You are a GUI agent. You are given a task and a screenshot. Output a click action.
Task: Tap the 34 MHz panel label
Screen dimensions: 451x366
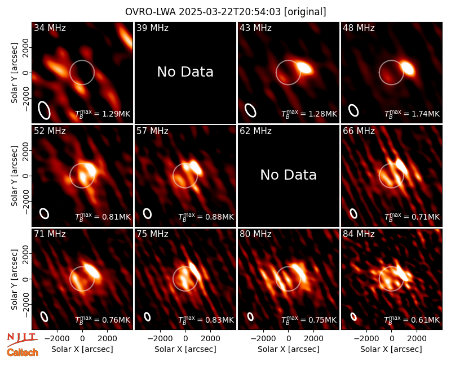coord(50,28)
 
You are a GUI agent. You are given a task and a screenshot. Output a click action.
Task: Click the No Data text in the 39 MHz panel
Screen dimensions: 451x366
coord(185,72)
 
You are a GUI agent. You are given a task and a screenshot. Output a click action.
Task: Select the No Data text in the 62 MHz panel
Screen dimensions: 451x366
coord(289,175)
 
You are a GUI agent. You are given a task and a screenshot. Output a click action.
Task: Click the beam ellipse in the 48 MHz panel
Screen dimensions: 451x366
coord(353,110)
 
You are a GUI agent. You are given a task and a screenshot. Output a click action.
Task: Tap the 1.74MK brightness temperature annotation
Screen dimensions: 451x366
coord(412,114)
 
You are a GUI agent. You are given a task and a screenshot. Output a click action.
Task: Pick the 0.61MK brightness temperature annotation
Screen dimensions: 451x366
coord(412,320)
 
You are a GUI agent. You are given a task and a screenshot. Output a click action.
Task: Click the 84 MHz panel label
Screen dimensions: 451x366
coord(359,234)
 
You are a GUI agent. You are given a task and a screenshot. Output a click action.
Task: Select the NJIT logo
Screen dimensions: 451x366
coord(22,339)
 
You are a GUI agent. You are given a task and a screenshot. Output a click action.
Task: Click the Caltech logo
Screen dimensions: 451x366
coord(23,352)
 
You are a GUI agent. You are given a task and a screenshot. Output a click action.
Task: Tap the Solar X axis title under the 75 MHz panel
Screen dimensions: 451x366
coord(185,349)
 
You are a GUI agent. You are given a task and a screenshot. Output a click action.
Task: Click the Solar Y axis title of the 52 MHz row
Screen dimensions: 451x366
coord(14,176)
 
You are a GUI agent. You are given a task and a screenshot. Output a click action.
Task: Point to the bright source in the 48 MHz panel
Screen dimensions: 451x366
coord(408,68)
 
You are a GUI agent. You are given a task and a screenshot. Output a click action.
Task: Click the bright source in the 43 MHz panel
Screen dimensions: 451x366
coord(304,68)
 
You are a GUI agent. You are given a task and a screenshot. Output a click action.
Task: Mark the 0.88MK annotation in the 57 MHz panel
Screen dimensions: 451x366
coord(206,217)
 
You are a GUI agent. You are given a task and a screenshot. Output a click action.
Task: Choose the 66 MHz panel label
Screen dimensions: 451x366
coord(359,131)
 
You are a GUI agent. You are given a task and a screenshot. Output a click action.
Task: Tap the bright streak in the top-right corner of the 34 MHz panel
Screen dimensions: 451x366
coord(126,36)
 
